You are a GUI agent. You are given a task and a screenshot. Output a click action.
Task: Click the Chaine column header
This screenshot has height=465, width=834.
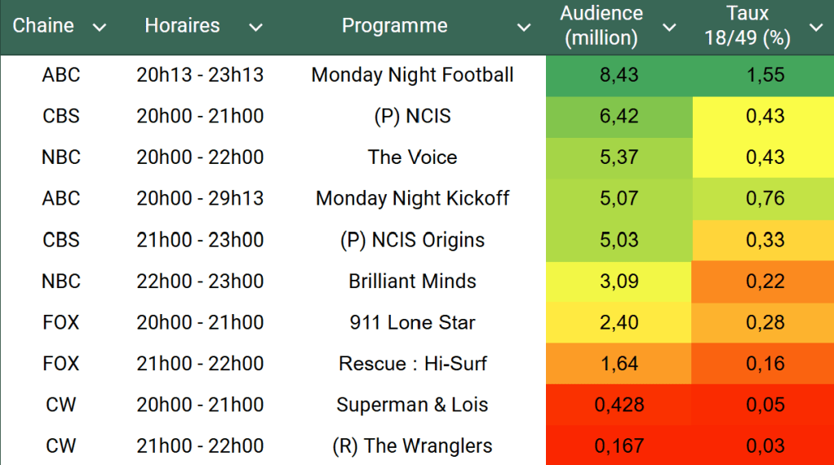[x=43, y=26]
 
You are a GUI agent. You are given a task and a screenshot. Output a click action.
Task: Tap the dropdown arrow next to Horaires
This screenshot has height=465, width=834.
[x=255, y=28]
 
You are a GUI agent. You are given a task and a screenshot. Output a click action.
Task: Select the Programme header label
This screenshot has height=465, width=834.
[x=394, y=26]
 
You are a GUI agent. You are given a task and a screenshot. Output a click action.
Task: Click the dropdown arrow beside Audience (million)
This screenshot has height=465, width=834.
[x=669, y=28]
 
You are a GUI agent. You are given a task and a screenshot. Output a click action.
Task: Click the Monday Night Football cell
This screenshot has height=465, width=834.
[x=412, y=75]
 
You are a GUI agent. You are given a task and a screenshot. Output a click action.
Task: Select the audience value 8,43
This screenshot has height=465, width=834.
[x=619, y=75]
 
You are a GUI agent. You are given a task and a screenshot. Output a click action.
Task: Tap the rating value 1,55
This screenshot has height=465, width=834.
[x=765, y=75]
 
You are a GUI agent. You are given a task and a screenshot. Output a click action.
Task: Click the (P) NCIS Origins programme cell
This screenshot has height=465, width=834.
[x=412, y=240]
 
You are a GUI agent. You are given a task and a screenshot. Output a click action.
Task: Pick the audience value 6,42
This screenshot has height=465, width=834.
[x=619, y=116]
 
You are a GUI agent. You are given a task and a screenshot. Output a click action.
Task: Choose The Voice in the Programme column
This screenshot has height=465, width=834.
[x=412, y=157]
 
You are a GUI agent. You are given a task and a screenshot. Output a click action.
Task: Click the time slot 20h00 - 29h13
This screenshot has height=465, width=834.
[x=200, y=198]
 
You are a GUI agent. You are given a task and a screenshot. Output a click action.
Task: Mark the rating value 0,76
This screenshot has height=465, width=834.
[x=765, y=198]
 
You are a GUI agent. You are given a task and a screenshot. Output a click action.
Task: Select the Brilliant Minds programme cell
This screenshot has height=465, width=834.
[x=412, y=281]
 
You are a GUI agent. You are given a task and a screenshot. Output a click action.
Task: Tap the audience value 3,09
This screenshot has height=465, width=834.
[x=619, y=281]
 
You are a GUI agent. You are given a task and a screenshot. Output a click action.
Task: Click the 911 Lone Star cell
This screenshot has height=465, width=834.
[x=412, y=322]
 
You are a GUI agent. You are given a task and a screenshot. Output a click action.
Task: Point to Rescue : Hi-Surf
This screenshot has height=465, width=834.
[x=412, y=364]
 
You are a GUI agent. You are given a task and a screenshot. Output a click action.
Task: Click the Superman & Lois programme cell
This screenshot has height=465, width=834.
[x=412, y=405]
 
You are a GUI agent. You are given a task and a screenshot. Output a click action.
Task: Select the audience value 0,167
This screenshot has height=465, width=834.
[x=619, y=446]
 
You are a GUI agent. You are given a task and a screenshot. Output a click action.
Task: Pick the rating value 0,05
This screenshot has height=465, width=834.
[x=765, y=405]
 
